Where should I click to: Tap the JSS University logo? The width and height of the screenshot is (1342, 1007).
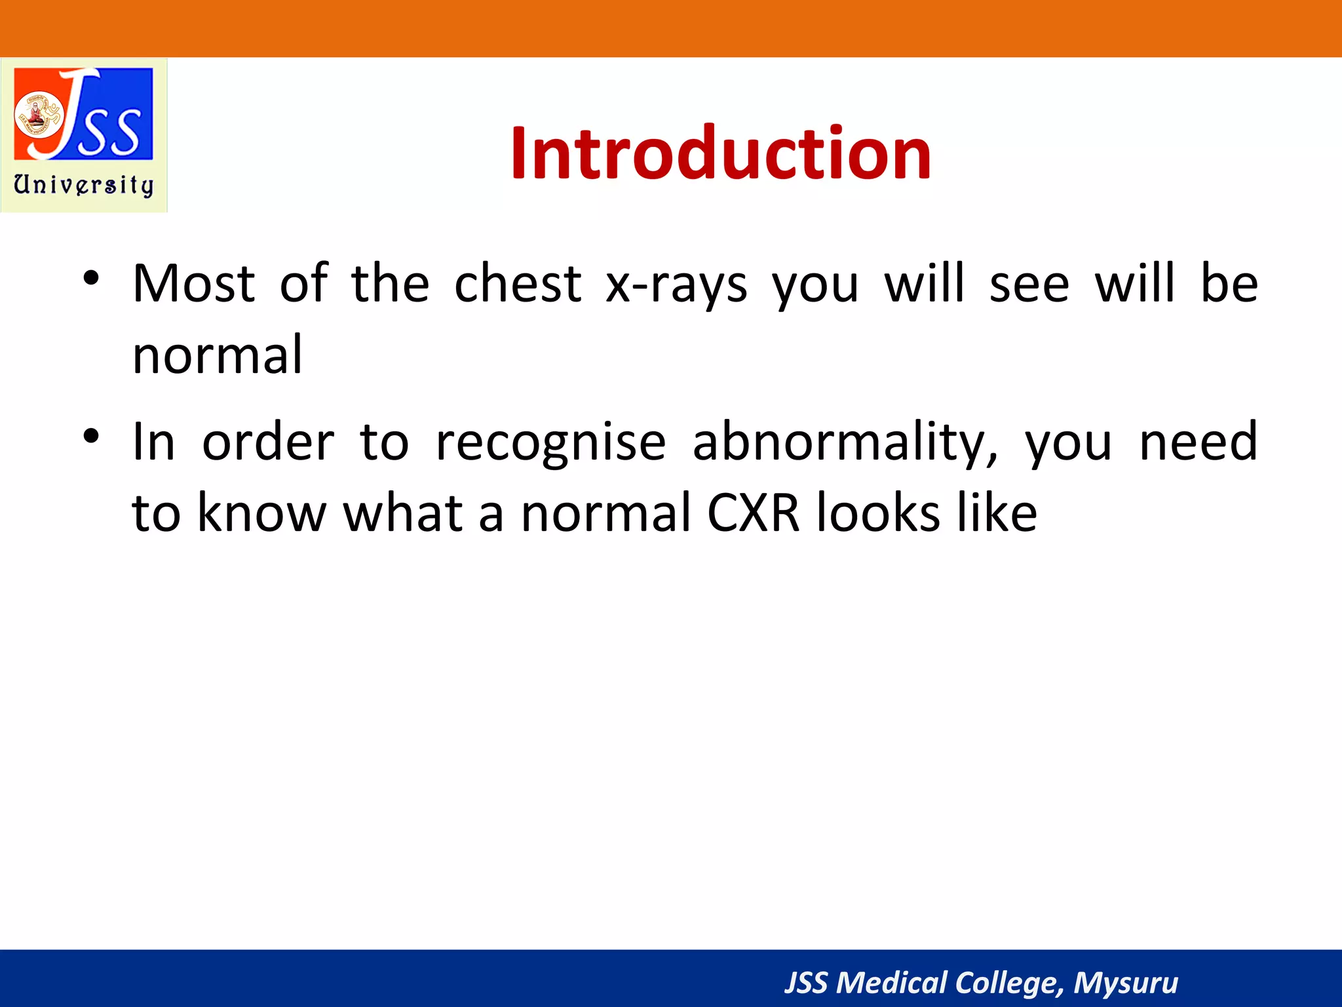pos(84,135)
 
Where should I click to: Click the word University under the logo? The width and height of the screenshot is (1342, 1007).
pos(84,186)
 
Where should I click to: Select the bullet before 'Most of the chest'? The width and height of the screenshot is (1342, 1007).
pos(91,278)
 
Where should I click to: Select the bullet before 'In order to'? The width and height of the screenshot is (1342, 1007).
pos(91,436)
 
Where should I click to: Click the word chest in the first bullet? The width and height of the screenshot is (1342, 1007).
pos(518,284)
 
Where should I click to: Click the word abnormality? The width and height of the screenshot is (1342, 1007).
pos(845,443)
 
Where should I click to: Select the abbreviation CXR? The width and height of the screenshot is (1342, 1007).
pos(754,513)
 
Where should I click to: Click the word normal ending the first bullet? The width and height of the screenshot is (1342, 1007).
pos(217,355)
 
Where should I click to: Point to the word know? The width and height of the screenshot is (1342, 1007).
pos(261,512)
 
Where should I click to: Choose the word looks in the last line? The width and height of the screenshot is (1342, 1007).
pos(878,512)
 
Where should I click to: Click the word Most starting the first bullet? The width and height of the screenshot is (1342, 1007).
pos(193,284)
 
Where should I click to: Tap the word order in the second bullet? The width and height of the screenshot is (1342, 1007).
pos(268,443)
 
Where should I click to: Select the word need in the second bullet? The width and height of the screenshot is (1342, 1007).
pos(1198,443)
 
